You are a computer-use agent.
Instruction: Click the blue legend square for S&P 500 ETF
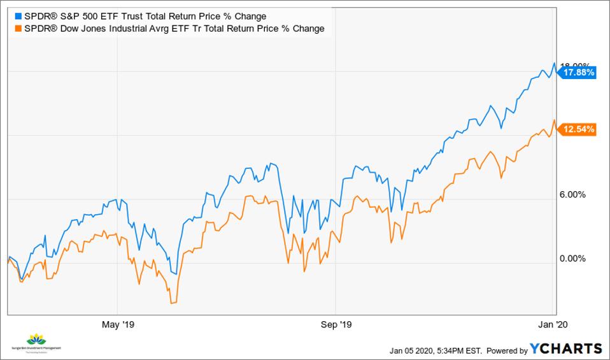coord(17,16)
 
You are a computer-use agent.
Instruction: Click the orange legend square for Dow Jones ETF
coord(17,28)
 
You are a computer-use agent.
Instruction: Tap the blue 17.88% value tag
coord(578,73)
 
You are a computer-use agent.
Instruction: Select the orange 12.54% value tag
coord(578,129)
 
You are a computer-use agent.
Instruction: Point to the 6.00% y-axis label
coord(572,194)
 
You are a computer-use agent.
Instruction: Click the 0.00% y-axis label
coord(572,259)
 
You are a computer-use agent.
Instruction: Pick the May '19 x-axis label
coord(118,324)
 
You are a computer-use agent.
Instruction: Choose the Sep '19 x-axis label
coord(337,324)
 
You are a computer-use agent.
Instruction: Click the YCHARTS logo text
coord(566,349)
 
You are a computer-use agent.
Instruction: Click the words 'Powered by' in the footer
coord(507,350)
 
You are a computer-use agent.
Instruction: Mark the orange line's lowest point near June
coord(171,303)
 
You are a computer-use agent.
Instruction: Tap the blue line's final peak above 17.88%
coord(555,63)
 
